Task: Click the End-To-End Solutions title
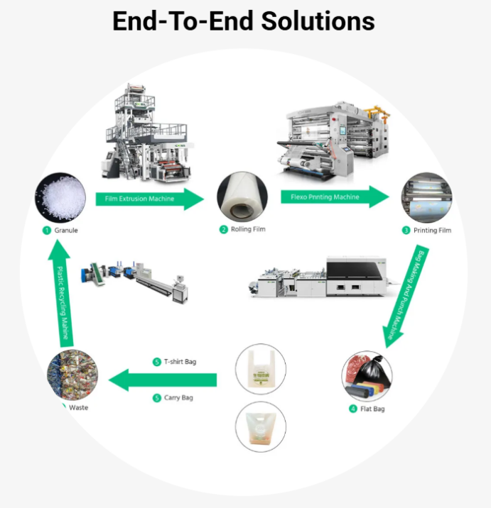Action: [x=244, y=21]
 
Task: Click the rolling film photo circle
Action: [x=242, y=197]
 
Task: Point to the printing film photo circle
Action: [x=426, y=198]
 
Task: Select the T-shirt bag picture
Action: [x=260, y=370]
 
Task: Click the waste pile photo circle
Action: [x=72, y=374]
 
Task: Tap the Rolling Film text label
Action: [x=247, y=229]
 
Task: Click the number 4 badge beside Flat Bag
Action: [x=352, y=409]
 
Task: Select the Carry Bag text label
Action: [x=178, y=398]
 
